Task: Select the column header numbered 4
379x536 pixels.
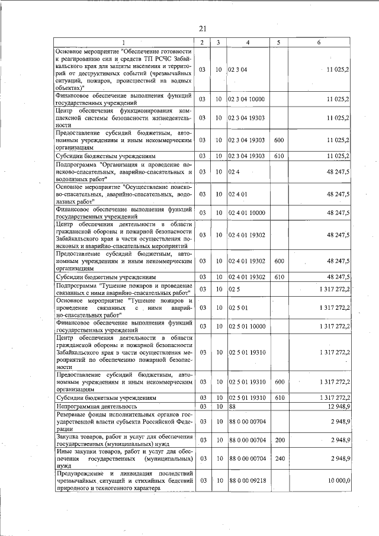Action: point(248,43)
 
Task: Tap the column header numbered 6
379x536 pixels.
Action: point(318,43)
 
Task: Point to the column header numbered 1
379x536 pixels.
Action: point(124,43)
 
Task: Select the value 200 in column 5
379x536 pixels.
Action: point(280,440)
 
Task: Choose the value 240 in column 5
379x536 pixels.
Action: point(280,458)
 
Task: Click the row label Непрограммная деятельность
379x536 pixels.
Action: point(96,407)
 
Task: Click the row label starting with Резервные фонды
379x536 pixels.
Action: point(124,421)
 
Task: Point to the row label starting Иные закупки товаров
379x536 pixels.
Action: point(124,458)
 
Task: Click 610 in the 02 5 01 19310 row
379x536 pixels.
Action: point(280,399)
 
